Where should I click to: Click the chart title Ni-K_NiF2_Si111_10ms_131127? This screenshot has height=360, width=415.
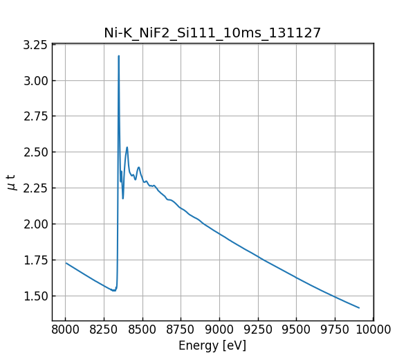click(x=212, y=33)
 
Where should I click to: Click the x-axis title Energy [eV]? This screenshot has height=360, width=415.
click(x=212, y=345)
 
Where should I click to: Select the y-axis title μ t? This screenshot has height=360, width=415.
click(x=11, y=182)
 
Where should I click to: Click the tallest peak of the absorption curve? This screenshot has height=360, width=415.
click(x=118, y=56)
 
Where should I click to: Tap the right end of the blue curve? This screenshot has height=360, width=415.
click(x=359, y=307)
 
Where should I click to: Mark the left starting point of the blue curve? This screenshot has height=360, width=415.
click(x=66, y=263)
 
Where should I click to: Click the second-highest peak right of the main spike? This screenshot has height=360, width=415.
click(x=127, y=147)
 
